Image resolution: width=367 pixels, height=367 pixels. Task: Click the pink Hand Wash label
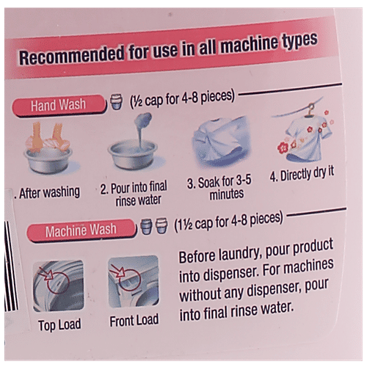pos(59,105)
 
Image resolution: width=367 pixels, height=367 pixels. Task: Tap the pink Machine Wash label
pos(81,230)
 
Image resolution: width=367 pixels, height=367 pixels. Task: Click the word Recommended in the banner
pos(72,55)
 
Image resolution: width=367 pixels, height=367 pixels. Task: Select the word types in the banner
pos(300,40)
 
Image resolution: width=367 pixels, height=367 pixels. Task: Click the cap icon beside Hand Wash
pos(116,101)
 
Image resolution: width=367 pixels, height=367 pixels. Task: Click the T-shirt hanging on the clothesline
pos(306,137)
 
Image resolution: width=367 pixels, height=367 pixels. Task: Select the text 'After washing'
pos(49,192)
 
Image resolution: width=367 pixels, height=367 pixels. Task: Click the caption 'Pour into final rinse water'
pos(134,193)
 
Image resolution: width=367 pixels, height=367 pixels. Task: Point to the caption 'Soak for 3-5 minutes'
pos(219,188)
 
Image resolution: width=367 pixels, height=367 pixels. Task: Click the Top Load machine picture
pos(58,286)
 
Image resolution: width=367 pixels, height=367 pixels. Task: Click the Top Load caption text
pos(59,325)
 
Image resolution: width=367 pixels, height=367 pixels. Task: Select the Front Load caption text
pos(134,321)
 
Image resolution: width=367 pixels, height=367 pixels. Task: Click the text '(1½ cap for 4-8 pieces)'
pos(228,222)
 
